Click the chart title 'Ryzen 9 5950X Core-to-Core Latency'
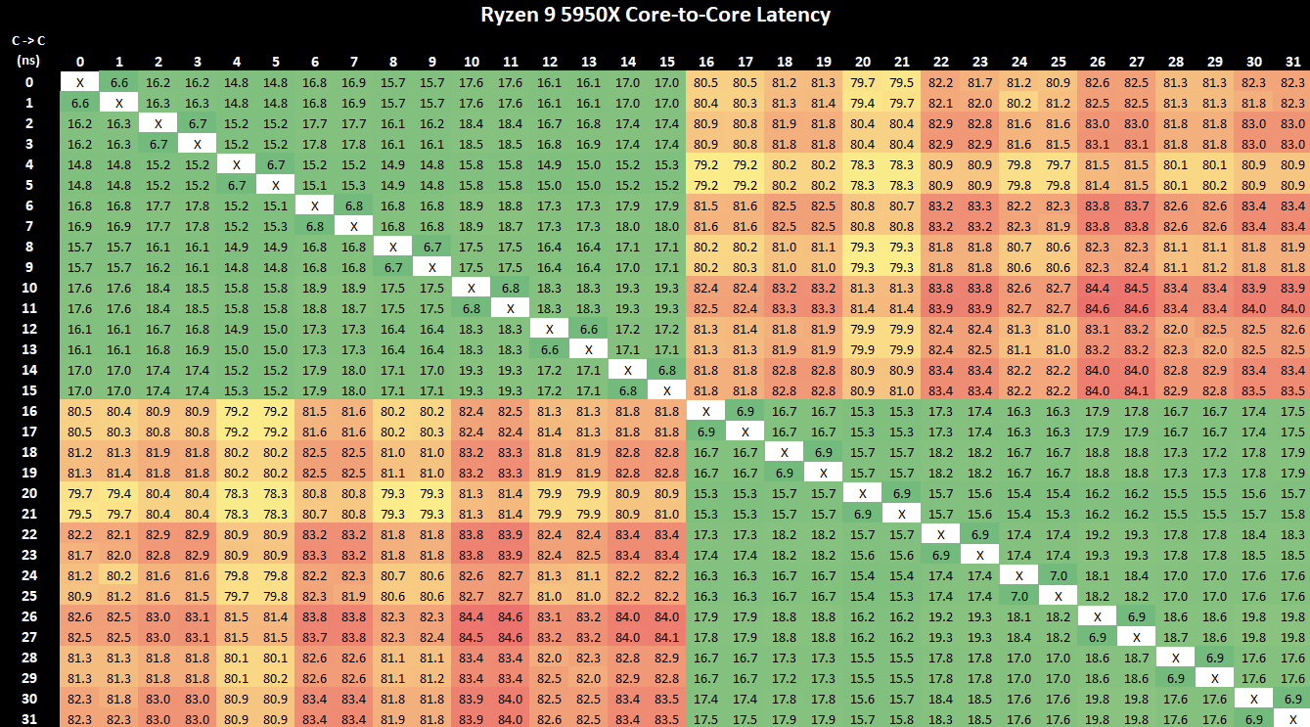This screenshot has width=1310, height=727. (655, 15)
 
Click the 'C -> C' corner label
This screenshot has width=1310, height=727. (28, 40)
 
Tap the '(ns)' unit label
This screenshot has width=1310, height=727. (27, 60)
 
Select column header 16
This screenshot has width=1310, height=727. (706, 62)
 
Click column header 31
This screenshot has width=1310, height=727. (1293, 62)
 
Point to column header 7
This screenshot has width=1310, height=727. (354, 62)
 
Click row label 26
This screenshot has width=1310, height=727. (27, 616)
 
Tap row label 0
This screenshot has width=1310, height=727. (27, 82)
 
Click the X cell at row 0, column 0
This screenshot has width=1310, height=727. (80, 82)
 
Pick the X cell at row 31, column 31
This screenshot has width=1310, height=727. (1293, 719)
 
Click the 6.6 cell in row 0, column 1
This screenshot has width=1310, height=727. (119, 82)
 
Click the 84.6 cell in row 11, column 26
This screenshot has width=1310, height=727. (1098, 308)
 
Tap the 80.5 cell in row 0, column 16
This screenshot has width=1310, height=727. (706, 82)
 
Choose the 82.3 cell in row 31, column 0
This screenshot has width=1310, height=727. (80, 719)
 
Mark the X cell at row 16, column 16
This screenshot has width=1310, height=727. (706, 411)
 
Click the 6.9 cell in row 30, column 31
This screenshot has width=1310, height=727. (1293, 699)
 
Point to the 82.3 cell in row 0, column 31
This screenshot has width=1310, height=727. (1293, 82)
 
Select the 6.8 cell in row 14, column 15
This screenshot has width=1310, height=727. (667, 370)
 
